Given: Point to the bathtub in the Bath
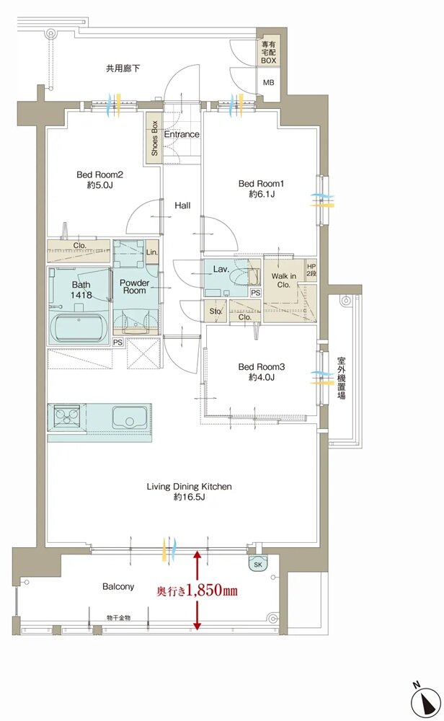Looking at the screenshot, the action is [x=79, y=327].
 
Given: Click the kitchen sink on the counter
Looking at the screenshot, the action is [x=130, y=417].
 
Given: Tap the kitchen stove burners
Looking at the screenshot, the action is [x=67, y=416].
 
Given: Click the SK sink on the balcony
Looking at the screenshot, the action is [x=257, y=564].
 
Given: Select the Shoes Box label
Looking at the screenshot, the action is [x=154, y=138].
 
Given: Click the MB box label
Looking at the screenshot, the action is [x=268, y=82].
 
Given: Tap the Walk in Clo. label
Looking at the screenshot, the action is [x=283, y=280].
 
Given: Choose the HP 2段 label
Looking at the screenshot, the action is [x=311, y=270].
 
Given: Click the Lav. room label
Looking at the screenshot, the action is [x=221, y=269].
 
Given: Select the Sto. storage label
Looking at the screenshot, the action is [x=216, y=311].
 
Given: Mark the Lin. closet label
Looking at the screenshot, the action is [x=152, y=252].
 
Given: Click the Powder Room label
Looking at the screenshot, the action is [x=134, y=287].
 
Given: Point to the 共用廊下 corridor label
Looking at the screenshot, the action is [x=123, y=68].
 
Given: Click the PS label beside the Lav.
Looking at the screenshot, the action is [x=256, y=293].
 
